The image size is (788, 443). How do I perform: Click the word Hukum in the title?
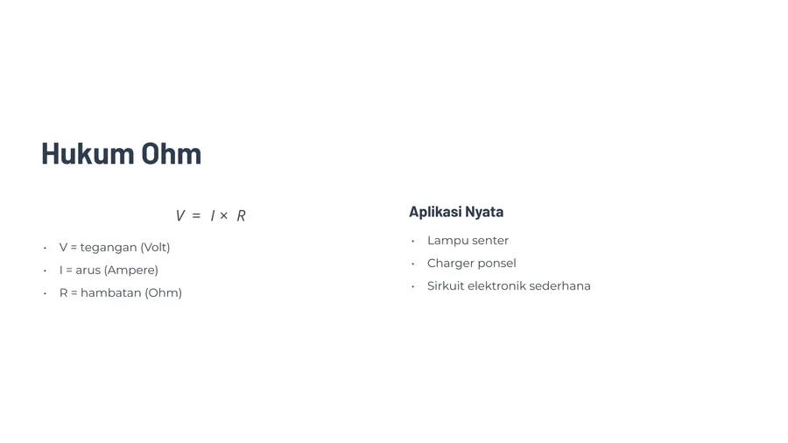tap(88, 153)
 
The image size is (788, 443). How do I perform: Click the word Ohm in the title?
tap(171, 153)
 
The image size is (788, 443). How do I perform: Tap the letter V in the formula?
tap(179, 215)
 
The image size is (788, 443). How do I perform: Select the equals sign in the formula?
tap(196, 215)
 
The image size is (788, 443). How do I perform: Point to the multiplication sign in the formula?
tap(223, 215)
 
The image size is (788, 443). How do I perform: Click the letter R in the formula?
tap(242, 215)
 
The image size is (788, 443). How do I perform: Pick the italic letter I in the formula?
tap(213, 215)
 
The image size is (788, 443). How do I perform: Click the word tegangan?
tap(109, 248)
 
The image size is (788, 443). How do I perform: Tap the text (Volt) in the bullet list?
tap(155, 247)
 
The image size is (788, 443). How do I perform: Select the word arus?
tap(88, 271)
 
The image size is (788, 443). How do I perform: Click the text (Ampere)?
tap(130, 271)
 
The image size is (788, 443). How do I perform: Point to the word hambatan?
tap(110, 292)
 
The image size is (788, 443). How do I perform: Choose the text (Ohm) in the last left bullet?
tap(164, 292)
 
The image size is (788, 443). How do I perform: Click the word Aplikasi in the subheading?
tap(434, 212)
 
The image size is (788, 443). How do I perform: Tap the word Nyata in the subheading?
tap(484, 213)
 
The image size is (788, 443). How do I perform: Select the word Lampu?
tap(446, 241)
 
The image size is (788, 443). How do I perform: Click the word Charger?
tap(449, 264)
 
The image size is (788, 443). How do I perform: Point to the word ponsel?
tap(496, 264)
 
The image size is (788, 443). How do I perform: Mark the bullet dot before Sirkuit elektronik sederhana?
tap(412, 287)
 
